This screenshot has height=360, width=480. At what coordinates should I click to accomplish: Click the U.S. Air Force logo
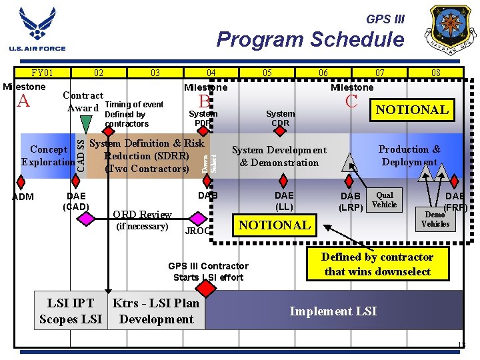(37, 29)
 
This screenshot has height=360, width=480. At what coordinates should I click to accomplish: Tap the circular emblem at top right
(453, 31)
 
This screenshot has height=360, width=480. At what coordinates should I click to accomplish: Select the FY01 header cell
(43, 73)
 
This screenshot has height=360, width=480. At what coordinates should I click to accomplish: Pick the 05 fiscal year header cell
(267, 73)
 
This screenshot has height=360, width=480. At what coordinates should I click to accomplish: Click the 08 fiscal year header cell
(435, 73)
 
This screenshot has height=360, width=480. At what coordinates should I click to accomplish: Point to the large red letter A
(24, 101)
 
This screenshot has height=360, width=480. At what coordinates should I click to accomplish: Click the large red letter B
(204, 101)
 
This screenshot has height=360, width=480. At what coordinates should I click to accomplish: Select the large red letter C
(351, 101)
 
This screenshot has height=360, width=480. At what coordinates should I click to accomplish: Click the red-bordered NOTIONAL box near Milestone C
(413, 109)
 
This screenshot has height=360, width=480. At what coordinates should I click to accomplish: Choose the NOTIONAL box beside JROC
(275, 225)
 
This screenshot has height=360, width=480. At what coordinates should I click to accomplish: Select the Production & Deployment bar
(409, 156)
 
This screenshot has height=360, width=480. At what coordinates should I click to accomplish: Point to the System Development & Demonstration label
(279, 156)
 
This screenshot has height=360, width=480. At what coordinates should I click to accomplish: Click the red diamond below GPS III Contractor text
(207, 288)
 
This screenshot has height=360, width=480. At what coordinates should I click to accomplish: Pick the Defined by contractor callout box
(377, 264)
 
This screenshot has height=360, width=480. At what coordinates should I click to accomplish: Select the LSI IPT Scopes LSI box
(70, 311)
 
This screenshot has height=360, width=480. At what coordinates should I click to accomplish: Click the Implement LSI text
(332, 311)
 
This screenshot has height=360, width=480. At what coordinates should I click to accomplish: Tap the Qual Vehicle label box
(384, 201)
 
